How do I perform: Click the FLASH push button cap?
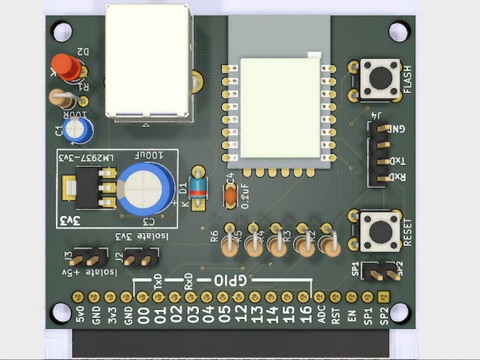click(x=380, y=77)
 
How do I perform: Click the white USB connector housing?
click(x=148, y=61)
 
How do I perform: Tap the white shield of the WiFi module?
click(x=280, y=108)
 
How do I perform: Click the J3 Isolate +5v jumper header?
click(x=86, y=259)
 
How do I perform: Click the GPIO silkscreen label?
click(x=230, y=280)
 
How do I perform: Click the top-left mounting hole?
click(x=61, y=31)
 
